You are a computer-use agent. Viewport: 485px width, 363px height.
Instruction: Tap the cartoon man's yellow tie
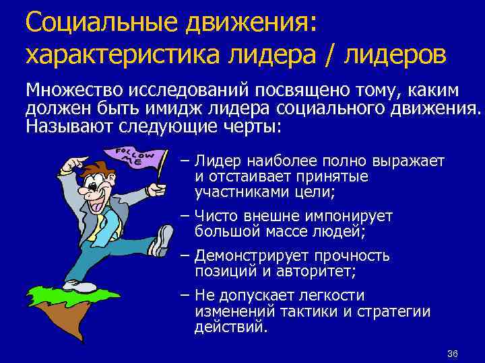coord(100,223)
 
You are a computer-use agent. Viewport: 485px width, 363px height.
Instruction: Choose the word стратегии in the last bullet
coord(395,311)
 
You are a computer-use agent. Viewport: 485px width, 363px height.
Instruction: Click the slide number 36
coord(452,354)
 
